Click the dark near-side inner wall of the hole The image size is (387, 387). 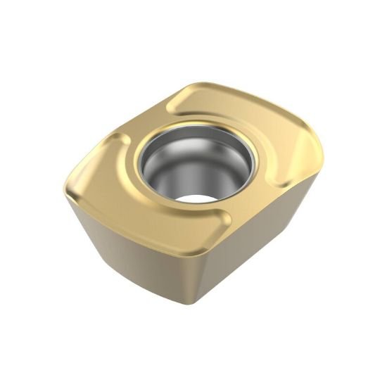(158, 176)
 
